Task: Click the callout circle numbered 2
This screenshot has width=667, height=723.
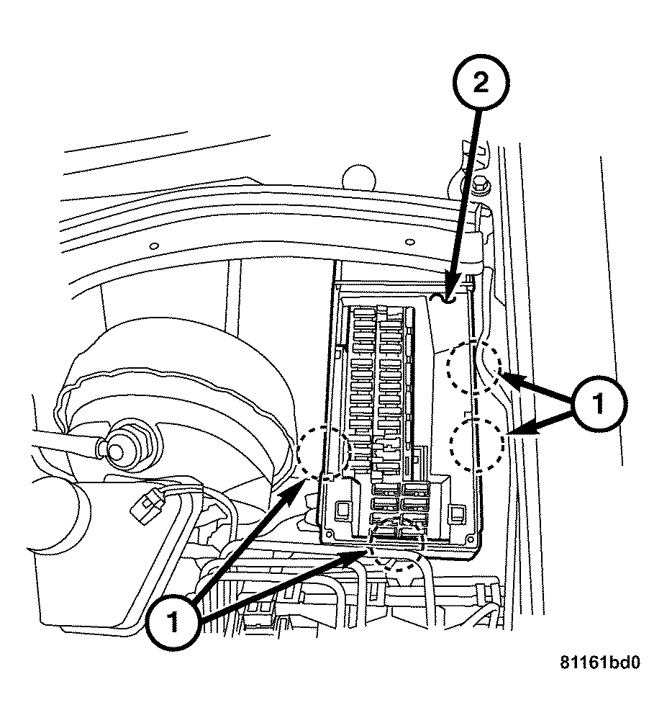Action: point(480,83)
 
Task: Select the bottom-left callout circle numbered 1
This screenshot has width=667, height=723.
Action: point(173,621)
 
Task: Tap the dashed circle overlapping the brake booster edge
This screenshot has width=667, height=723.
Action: point(323,452)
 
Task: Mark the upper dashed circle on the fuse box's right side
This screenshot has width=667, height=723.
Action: point(472,367)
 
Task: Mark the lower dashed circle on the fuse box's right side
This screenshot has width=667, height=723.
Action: point(476,444)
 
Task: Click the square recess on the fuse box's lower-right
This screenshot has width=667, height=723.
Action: point(454,513)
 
